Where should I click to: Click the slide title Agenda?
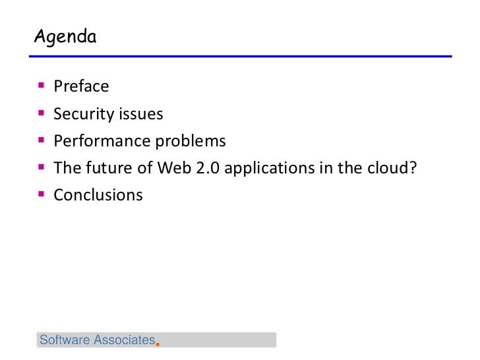pyautogui.click(x=66, y=37)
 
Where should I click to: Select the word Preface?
pyautogui.click(x=82, y=87)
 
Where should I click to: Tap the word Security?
pyautogui.click(x=84, y=115)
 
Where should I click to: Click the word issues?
pyautogui.click(x=140, y=114)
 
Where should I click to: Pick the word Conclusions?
pyautogui.click(x=98, y=196)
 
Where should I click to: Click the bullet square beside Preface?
pyautogui.click(x=42, y=86)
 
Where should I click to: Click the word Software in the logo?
pyautogui.click(x=64, y=340)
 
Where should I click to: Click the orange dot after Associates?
pyautogui.click(x=158, y=344)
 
